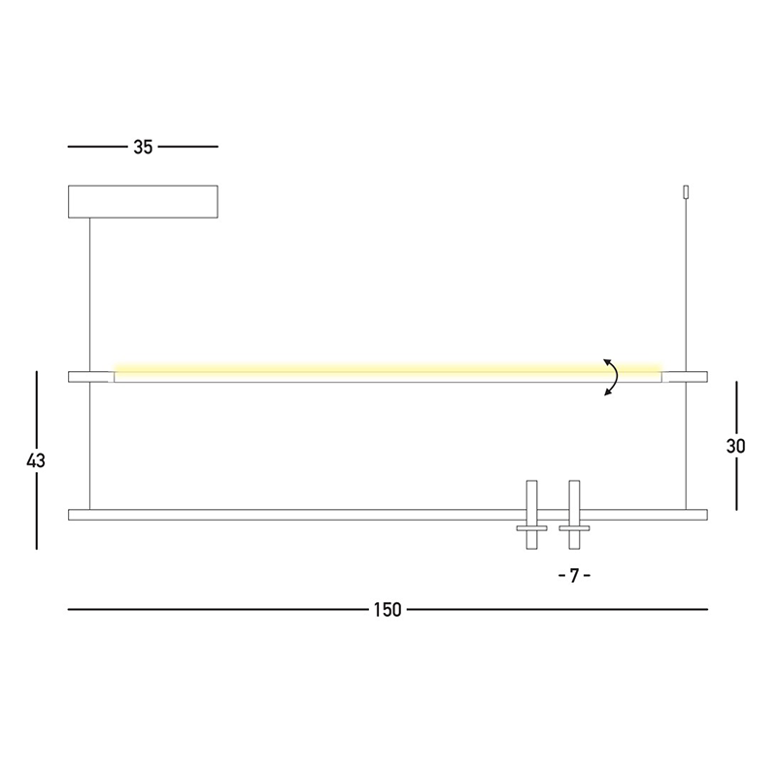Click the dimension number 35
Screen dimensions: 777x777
(143, 148)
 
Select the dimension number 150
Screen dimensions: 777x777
(386, 610)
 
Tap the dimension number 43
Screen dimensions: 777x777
(36, 460)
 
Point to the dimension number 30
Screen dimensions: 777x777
(736, 446)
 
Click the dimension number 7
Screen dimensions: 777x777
(574, 575)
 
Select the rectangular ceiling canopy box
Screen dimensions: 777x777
(143, 201)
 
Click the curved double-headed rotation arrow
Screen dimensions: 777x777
(611, 377)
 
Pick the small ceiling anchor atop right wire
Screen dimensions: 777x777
(687, 192)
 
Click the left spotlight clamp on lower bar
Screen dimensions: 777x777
(531, 515)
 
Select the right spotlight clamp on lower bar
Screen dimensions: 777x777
(574, 515)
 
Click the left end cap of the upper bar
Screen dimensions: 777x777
(90, 377)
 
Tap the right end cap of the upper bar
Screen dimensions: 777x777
(686, 377)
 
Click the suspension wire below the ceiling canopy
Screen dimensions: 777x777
(90, 291)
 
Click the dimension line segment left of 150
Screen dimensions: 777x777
(214, 610)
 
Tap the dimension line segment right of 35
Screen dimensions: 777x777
(188, 147)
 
